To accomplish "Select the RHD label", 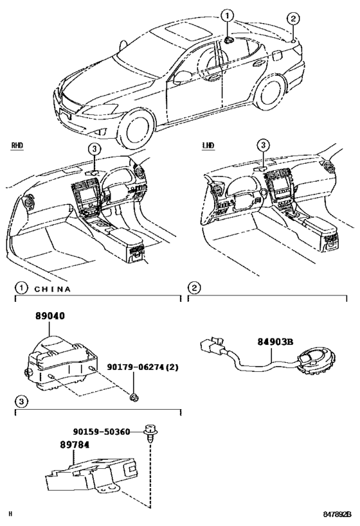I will pos(17,146).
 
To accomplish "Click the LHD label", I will pos(208,146).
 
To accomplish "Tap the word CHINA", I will pos(52,289).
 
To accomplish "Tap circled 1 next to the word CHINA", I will pos(21,288).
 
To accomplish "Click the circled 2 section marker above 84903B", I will pos(194,288).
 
